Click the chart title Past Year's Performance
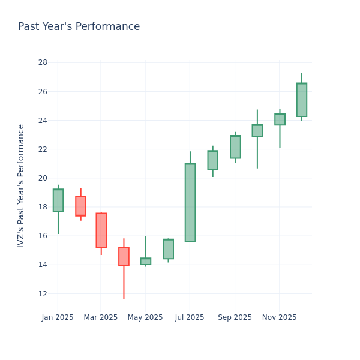point(79,27)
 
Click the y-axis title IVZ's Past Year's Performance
point(22,186)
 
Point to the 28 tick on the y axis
point(43,62)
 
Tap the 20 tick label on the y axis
point(43,178)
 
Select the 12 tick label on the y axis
point(43,293)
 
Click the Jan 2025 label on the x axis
point(58,317)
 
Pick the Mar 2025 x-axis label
point(101,317)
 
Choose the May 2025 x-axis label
point(145,317)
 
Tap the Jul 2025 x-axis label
point(190,317)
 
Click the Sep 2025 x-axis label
point(235,317)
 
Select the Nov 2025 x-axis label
point(279,317)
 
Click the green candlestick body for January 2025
point(58,200)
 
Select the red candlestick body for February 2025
point(80,206)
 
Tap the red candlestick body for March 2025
point(101,230)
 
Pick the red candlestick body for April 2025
point(124,257)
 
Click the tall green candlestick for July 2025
point(190,202)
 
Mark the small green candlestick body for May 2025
point(145,262)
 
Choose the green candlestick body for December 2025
point(301,100)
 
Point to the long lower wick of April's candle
point(124,283)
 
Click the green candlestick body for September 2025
point(235,147)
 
